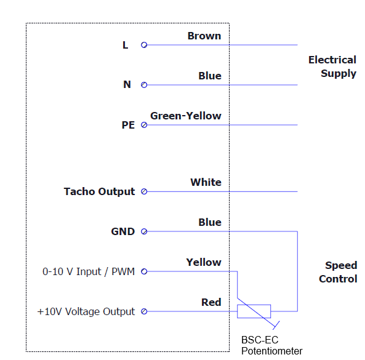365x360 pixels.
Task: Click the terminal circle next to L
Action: [x=144, y=45]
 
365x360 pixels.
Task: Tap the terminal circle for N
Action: [x=144, y=85]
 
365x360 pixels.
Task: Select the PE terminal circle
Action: [x=144, y=125]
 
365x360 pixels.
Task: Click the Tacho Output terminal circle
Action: [x=144, y=191]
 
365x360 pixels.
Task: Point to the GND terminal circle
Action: [x=144, y=231]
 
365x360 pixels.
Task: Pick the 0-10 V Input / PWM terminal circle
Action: [x=144, y=271]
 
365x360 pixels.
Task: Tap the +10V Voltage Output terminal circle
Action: [x=144, y=311]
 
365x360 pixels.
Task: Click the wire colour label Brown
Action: [x=204, y=36]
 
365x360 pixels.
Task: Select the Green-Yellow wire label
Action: [x=185, y=116]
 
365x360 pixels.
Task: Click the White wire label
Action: [x=206, y=182]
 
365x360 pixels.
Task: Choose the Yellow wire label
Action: [x=204, y=262]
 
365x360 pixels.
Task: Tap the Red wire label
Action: [x=211, y=302]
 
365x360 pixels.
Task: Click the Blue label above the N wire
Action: [x=210, y=76]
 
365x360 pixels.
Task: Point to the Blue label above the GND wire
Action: [x=210, y=222]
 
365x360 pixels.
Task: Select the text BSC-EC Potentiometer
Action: [x=271, y=346]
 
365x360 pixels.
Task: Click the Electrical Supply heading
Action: [x=332, y=66]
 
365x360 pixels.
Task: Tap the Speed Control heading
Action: [x=338, y=272]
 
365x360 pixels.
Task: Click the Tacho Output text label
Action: [x=99, y=192]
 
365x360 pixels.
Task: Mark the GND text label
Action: [x=123, y=231]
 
